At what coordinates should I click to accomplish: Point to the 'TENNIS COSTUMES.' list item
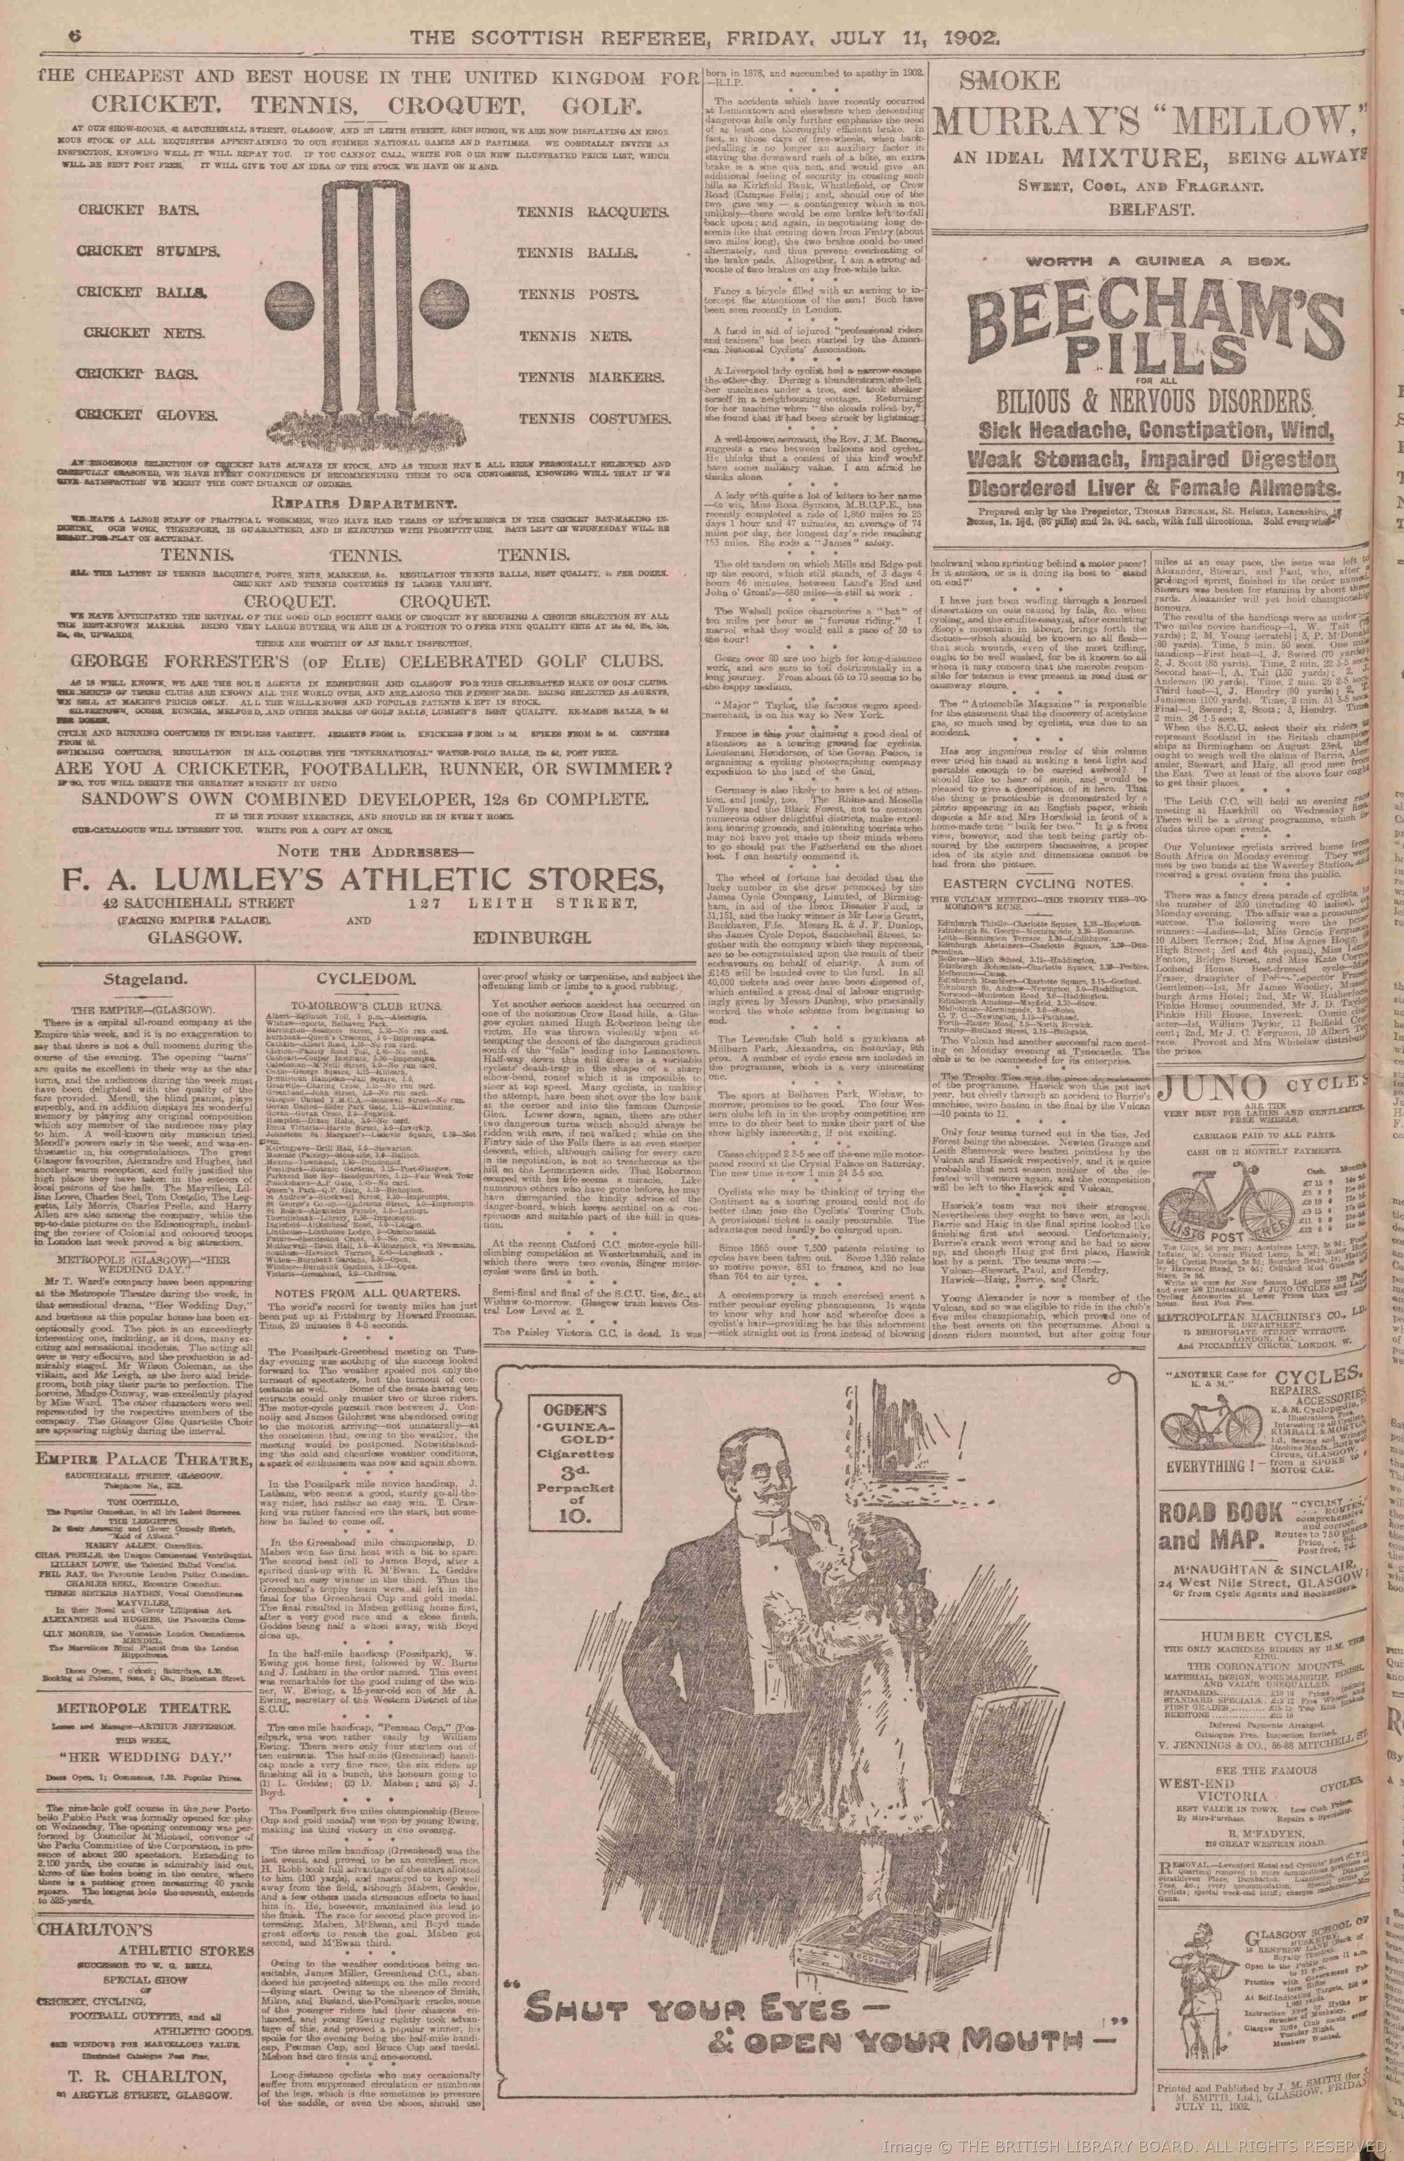pos(593,419)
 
